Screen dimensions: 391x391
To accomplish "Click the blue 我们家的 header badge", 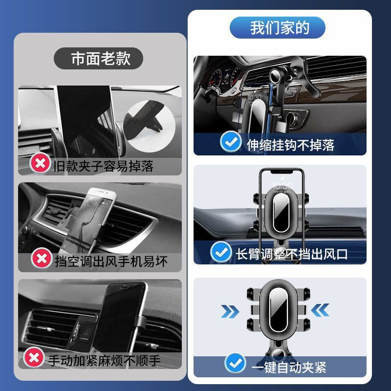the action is coord(277,27).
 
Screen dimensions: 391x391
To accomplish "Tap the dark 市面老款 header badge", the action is coord(99,58).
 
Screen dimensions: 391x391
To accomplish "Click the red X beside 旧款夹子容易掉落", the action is coord(40,163).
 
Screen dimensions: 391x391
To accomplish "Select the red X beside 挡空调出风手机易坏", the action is coord(42,258).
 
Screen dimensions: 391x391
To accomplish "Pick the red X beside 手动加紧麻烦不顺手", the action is coord(34,357).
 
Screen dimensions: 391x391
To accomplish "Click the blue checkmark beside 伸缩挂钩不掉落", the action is coord(231,141).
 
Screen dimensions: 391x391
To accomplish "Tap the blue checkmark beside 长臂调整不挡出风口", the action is coord(221,252).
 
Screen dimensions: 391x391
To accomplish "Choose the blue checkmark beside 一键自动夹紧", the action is coord(235,363).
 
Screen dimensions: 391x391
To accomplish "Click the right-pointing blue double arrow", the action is coord(230,311).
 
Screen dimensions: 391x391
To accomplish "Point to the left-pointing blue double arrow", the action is coord(320,310).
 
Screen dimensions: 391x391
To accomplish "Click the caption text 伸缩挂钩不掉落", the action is coord(290,145).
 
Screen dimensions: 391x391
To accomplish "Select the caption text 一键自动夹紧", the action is coord(289,367).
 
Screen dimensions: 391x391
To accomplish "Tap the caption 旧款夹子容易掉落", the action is coord(104,166).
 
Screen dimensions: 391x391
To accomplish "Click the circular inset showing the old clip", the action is coord(149,127).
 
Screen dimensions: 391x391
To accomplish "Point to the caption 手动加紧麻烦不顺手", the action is coord(104,361).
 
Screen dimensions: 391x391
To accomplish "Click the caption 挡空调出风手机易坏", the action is coord(111,261).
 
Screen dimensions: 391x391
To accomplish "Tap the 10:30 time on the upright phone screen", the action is coord(282,186).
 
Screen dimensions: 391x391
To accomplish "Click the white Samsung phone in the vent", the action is coord(89,221).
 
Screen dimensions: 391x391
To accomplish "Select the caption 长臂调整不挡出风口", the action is coord(291,254).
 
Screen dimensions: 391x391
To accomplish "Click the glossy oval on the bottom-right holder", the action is coord(278,310).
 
